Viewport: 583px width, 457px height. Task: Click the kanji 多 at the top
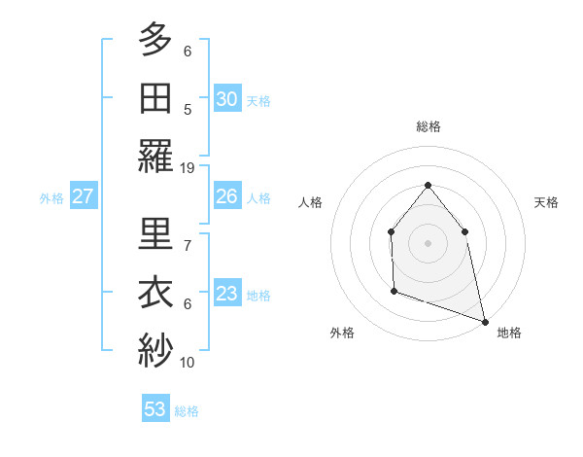point(155,40)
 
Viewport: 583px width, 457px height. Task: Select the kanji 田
point(155,97)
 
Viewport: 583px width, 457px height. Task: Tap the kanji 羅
point(155,156)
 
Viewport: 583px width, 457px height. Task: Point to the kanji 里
point(155,234)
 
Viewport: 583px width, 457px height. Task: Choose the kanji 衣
point(155,292)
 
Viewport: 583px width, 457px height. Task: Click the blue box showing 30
point(227,99)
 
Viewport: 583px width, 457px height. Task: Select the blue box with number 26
point(227,196)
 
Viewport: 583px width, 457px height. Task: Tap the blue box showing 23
point(227,294)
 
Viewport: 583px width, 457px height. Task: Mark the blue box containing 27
point(84,196)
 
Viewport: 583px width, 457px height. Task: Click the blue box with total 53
point(155,409)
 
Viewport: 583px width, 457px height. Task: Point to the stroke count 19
point(188,167)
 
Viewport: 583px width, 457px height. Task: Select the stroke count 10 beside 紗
point(188,362)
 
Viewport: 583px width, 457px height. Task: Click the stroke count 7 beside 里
point(188,245)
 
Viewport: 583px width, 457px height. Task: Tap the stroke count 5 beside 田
point(188,109)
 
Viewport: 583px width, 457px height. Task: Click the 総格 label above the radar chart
point(428,126)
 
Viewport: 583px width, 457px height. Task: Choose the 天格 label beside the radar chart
point(546,202)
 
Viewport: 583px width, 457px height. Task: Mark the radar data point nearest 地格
point(485,321)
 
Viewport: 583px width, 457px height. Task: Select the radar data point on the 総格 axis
point(428,185)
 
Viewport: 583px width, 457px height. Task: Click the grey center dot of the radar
point(428,242)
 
